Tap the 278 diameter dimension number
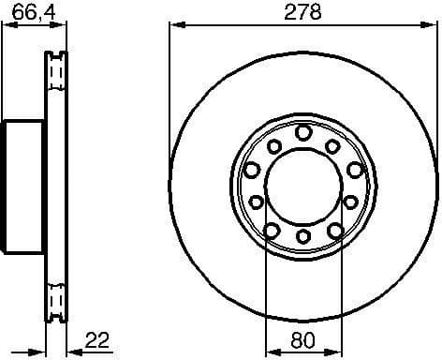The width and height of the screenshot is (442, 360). pos(302,12)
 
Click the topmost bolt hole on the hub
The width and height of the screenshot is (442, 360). pos(302,133)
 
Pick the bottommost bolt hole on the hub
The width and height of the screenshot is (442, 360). pos(302,235)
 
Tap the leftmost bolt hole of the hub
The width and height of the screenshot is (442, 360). pos(252,169)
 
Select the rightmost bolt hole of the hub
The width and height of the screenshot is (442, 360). pos(354,169)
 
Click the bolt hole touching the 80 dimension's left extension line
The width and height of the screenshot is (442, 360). pos(271,229)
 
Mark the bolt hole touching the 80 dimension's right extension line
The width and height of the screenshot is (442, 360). pos(334,229)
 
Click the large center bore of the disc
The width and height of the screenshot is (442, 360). pos(302,185)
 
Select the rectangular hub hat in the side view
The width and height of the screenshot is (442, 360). pos(23,184)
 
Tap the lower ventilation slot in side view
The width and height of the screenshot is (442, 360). pos(57,298)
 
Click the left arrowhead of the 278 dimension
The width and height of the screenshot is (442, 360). pos(175,27)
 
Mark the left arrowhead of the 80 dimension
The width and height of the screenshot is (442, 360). pos(272,352)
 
